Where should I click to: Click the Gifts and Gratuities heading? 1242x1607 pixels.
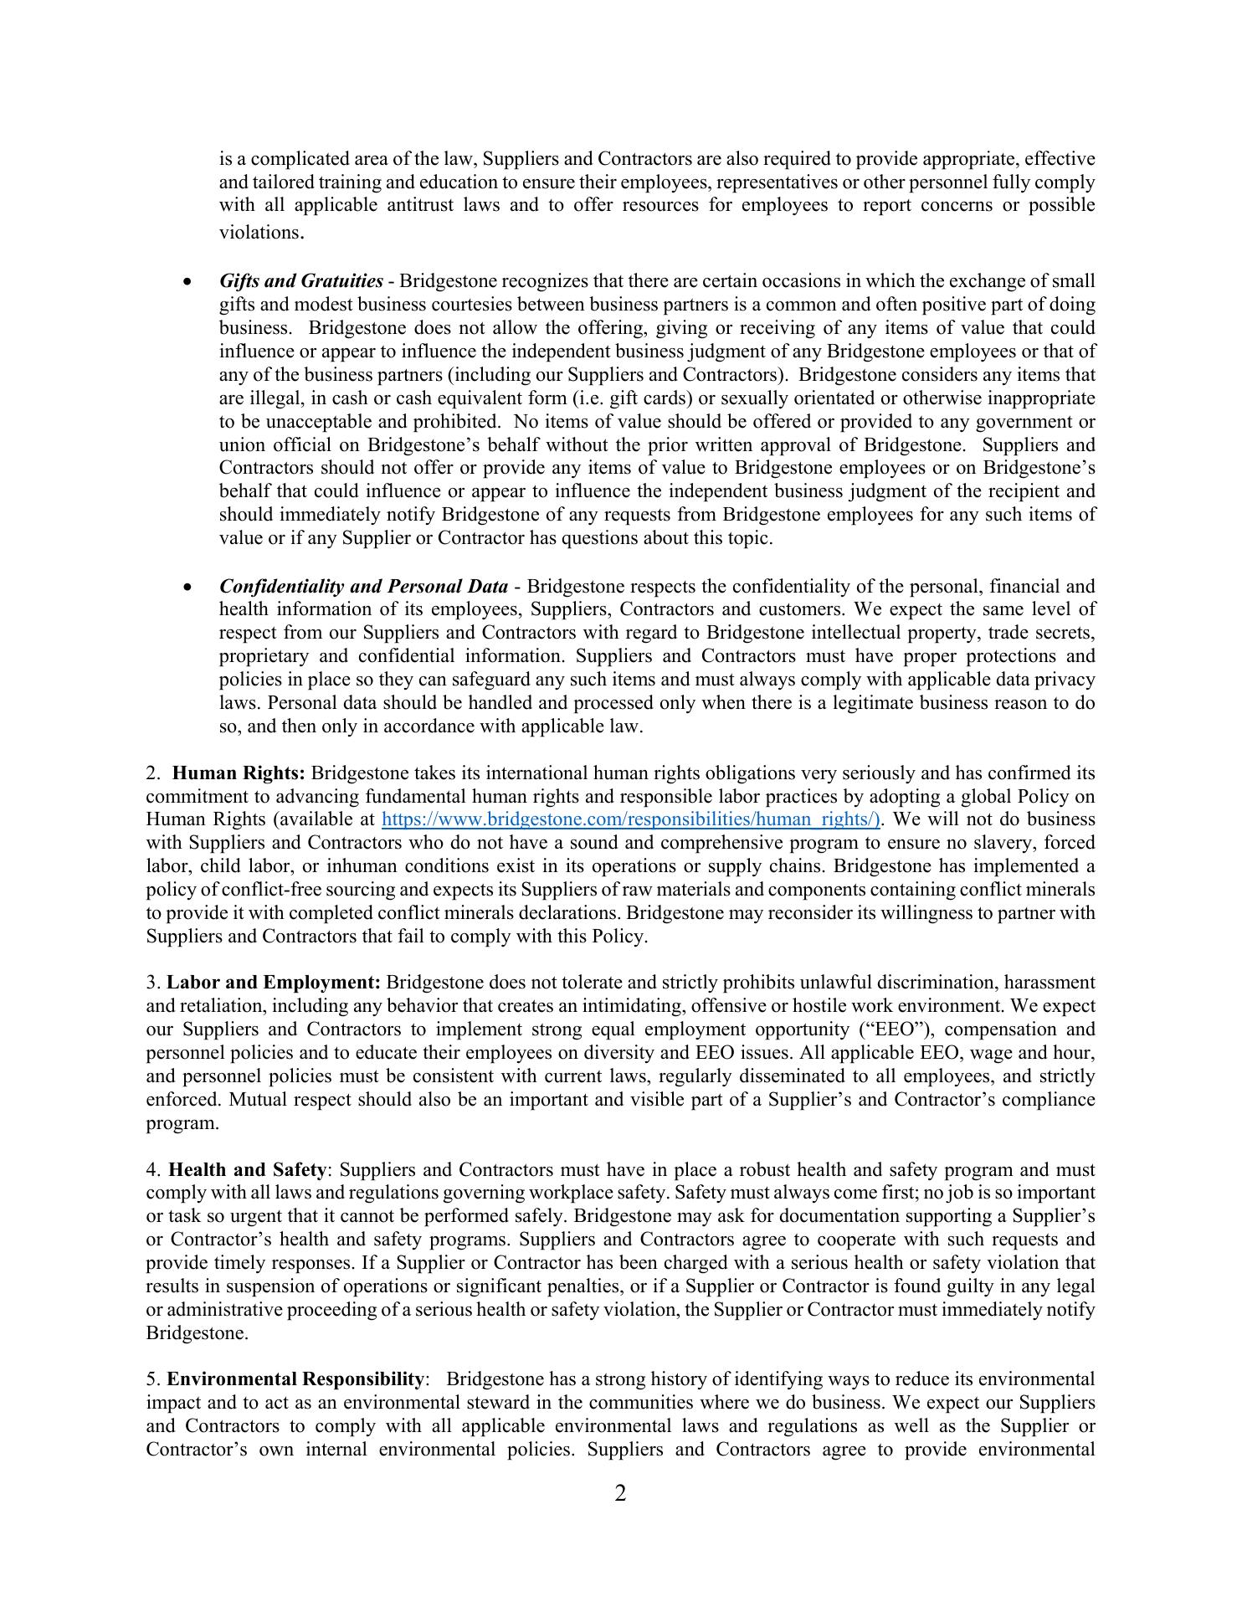point(301,281)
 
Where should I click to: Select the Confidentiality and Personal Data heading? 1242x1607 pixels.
point(363,587)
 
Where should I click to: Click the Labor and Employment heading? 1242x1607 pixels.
point(274,982)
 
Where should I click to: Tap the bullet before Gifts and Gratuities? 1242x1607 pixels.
point(187,282)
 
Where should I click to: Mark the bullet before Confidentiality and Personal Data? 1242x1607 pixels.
point(187,588)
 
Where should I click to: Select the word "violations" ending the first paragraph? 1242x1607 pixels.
point(259,233)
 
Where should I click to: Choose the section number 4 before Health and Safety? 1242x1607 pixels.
point(151,1169)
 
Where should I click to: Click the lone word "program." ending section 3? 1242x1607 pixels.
point(182,1123)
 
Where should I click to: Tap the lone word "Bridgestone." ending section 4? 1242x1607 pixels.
point(198,1332)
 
